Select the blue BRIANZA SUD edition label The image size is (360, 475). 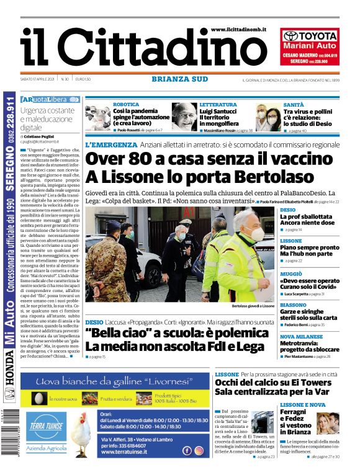(x=179, y=79)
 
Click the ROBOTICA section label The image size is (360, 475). (x=126, y=105)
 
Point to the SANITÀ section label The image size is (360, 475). (x=294, y=105)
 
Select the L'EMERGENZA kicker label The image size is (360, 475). (x=111, y=145)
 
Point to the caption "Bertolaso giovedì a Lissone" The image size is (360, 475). (x=253, y=306)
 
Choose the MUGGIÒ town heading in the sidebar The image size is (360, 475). (x=292, y=273)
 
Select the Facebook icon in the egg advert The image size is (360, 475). (x=187, y=451)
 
